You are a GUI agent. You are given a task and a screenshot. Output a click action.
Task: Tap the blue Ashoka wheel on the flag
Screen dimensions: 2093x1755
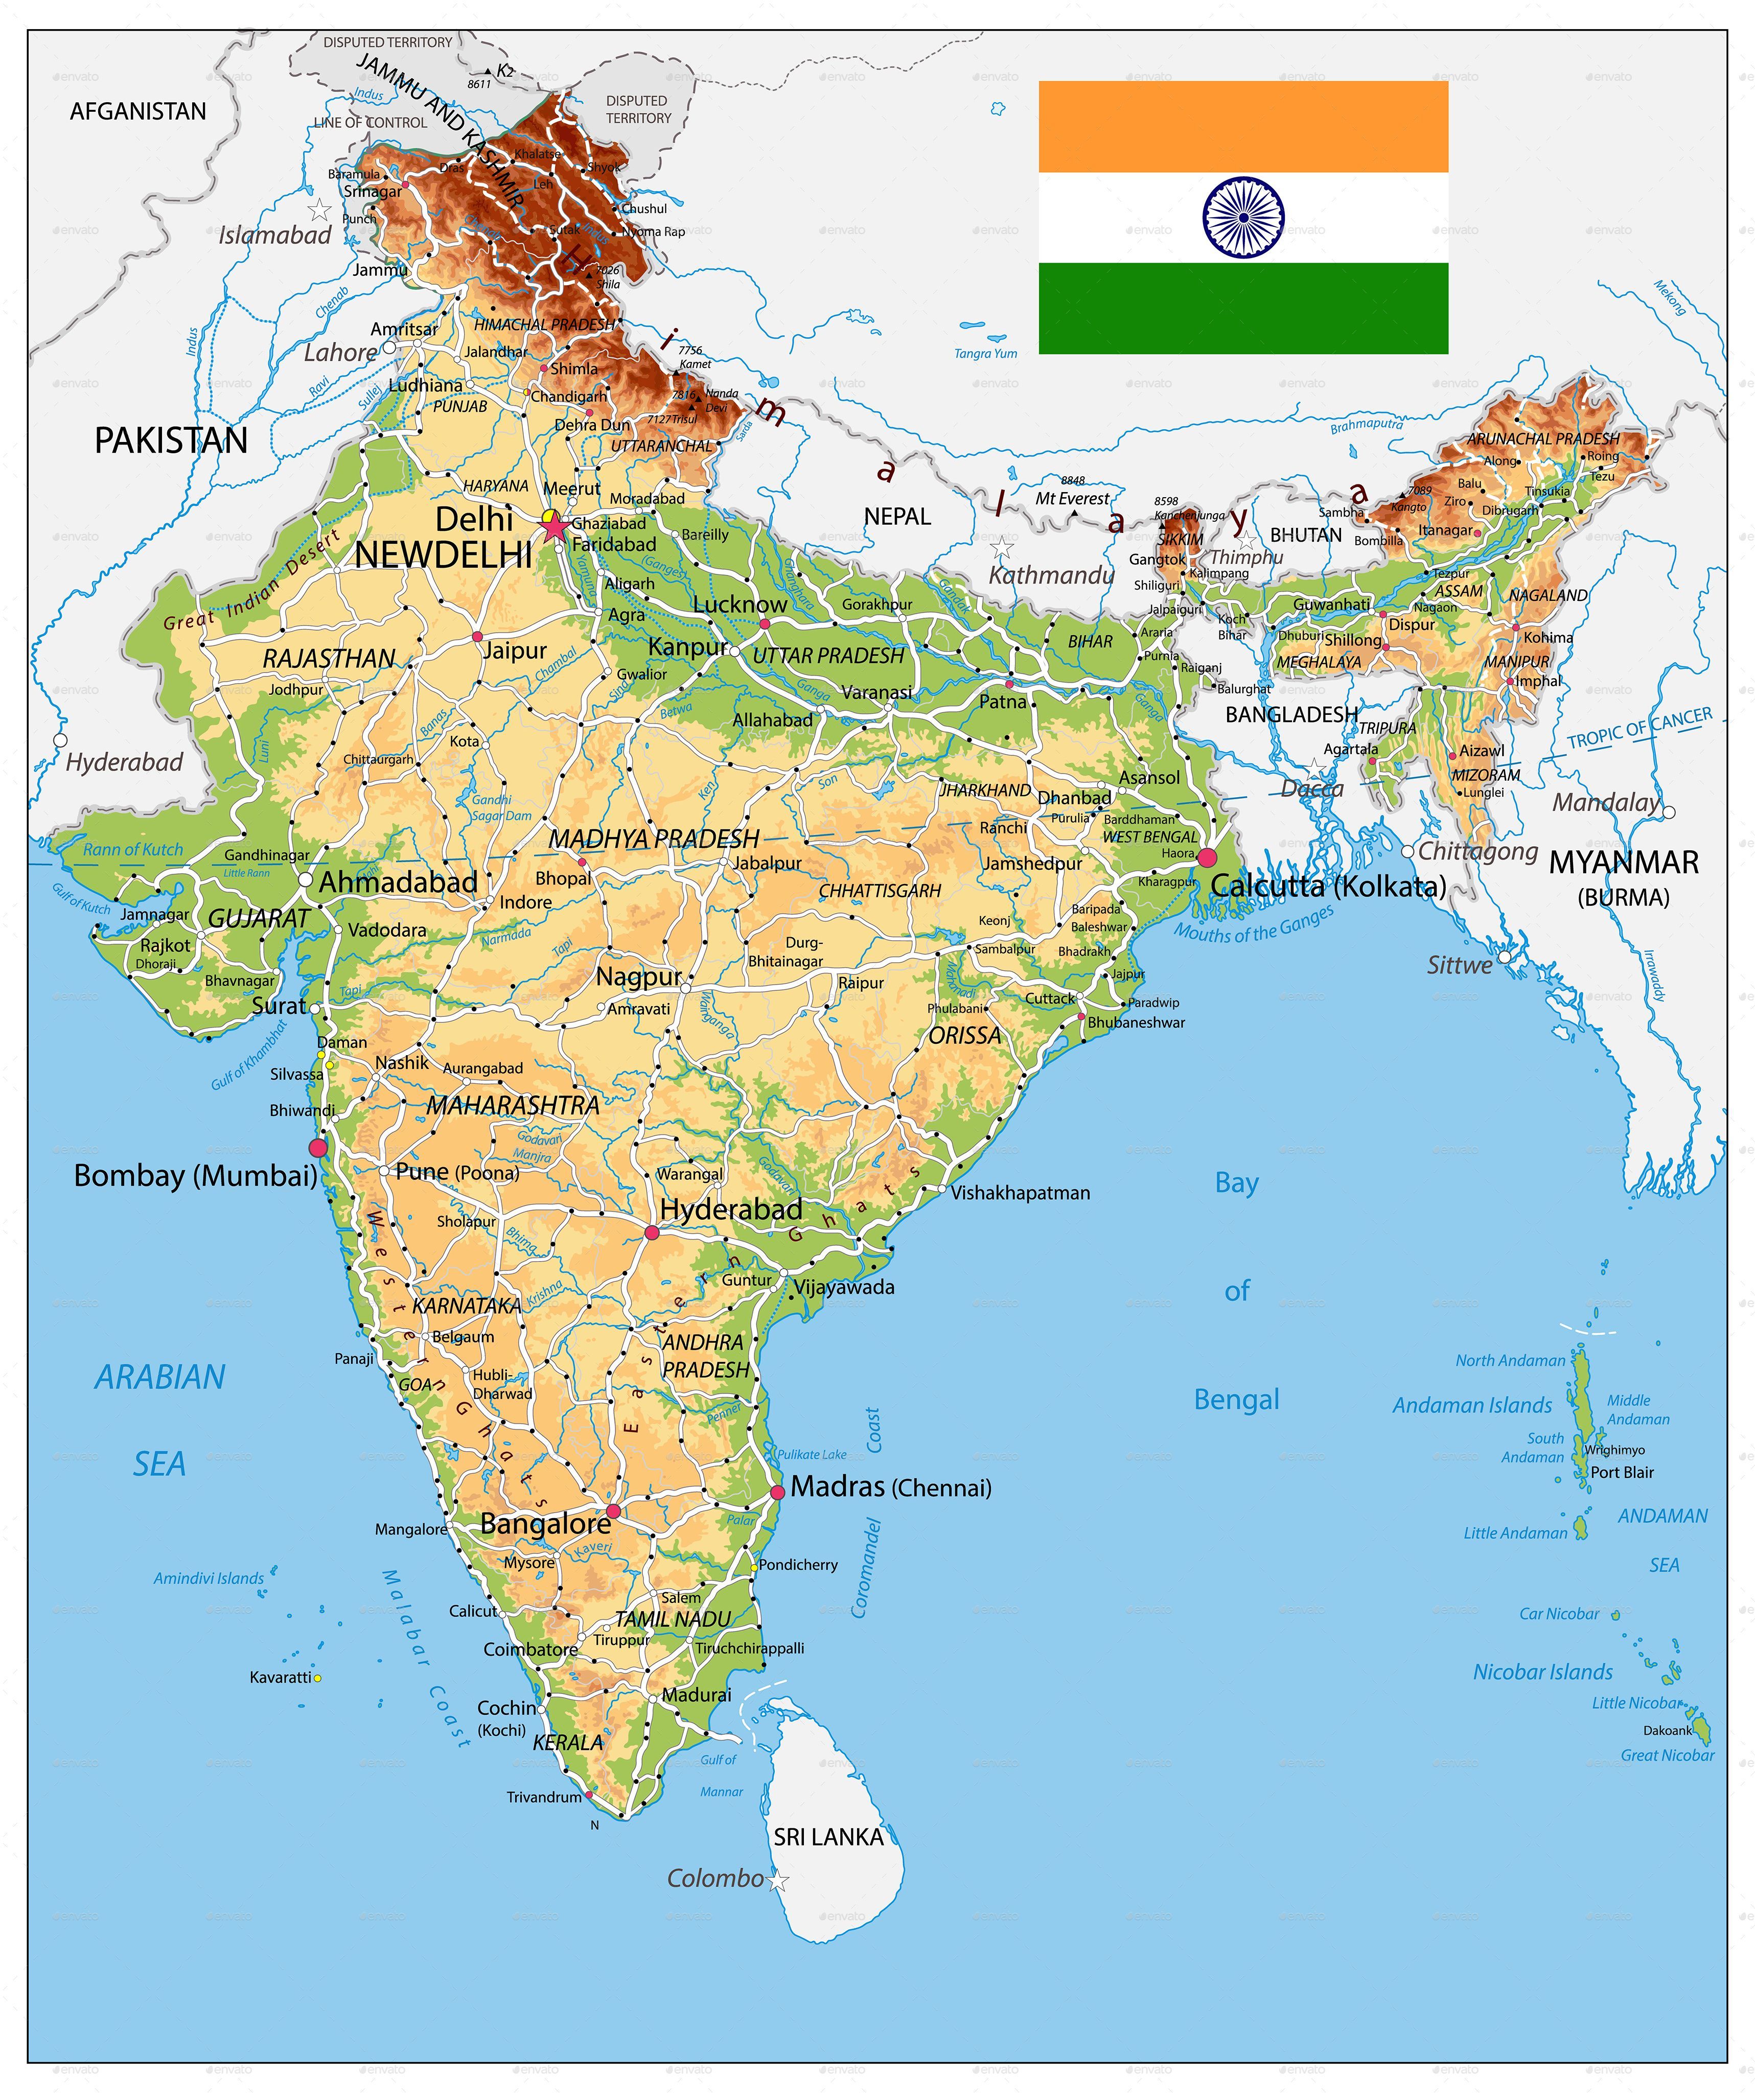point(1243,217)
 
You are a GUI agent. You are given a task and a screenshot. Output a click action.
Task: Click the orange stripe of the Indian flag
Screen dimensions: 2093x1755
point(1243,127)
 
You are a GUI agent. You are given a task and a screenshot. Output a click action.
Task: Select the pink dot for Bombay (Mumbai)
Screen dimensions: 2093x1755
point(318,1148)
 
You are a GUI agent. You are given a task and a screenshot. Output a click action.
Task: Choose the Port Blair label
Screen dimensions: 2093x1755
point(1622,1472)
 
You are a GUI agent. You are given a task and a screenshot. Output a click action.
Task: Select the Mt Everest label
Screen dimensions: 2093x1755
point(1072,498)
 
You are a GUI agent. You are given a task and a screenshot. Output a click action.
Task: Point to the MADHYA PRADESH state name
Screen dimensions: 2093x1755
point(654,839)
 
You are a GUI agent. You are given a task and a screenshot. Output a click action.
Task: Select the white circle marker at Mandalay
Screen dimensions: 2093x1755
point(1669,812)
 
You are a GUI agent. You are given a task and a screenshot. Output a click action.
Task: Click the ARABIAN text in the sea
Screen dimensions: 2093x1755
point(159,1378)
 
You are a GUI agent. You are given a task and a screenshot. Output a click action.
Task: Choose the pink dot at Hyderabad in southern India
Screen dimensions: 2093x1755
point(652,1233)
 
